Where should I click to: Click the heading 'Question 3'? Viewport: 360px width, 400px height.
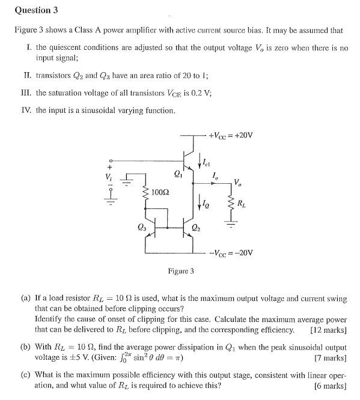35,10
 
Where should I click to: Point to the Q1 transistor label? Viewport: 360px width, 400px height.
177,175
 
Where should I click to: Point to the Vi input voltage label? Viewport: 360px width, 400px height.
109,176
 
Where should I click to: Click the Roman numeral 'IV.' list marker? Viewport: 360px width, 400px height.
29,110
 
